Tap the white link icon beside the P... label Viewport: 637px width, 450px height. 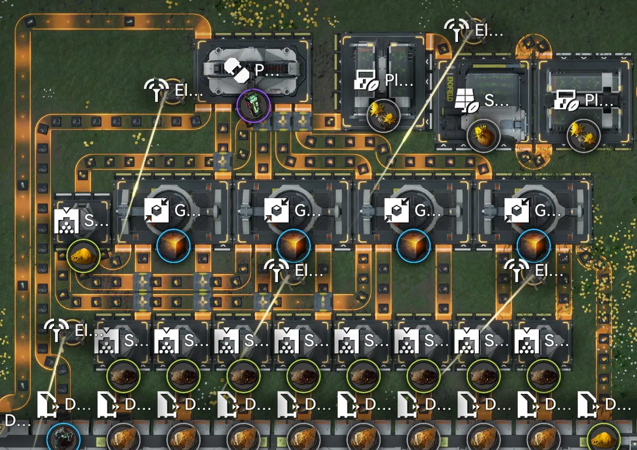click(x=237, y=70)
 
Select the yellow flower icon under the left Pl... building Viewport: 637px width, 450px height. click(x=383, y=115)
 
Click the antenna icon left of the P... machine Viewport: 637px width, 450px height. click(x=157, y=90)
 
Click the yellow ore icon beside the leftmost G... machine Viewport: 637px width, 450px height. click(x=83, y=256)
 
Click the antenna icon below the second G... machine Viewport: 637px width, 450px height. click(x=277, y=271)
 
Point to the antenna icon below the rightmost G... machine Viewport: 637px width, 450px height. click(x=517, y=271)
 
